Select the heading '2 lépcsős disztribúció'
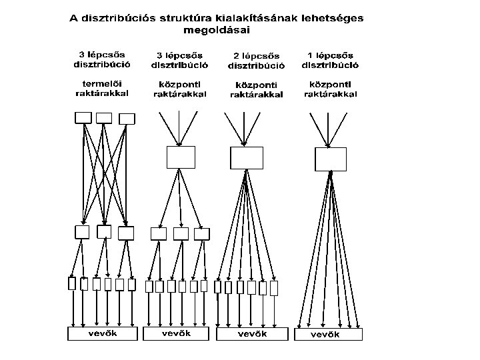pos(257,61)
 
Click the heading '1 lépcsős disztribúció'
pos(331,60)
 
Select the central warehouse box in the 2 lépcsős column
pos(247,158)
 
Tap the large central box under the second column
pos(180,157)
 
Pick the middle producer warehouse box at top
pos(104,118)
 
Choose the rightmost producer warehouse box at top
pos(126,119)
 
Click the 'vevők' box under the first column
pos(102,333)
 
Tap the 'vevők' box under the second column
pos(177,333)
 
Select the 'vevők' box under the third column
pos(253,333)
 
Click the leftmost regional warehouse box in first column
pos(81,233)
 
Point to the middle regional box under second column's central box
pos(181,233)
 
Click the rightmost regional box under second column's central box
pos(202,233)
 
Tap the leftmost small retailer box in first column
pos(72,284)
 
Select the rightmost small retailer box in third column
pos(273,288)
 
